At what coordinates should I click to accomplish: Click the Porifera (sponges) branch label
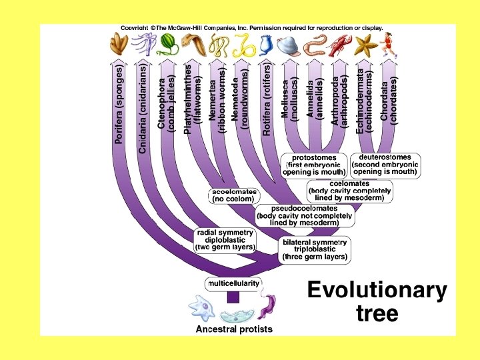coord(119,104)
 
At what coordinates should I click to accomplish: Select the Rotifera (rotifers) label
coord(267,101)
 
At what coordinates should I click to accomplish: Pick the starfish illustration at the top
coord(365,44)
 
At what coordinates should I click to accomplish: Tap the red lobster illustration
coord(340,45)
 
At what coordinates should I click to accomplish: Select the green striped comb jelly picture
coord(167,43)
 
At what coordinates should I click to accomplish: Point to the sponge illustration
coord(119,43)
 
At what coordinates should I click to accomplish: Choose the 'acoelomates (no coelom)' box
coord(233,195)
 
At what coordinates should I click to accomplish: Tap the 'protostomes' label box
coord(313,164)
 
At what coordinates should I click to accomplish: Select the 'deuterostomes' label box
coord(385,164)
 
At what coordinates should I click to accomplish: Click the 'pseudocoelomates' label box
coord(305,215)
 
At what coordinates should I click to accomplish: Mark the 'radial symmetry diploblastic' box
coord(225,239)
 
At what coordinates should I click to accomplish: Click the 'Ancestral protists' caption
coord(233,329)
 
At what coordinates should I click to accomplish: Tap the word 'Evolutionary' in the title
coord(377,291)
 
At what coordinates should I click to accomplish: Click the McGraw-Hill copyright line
coord(251,28)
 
